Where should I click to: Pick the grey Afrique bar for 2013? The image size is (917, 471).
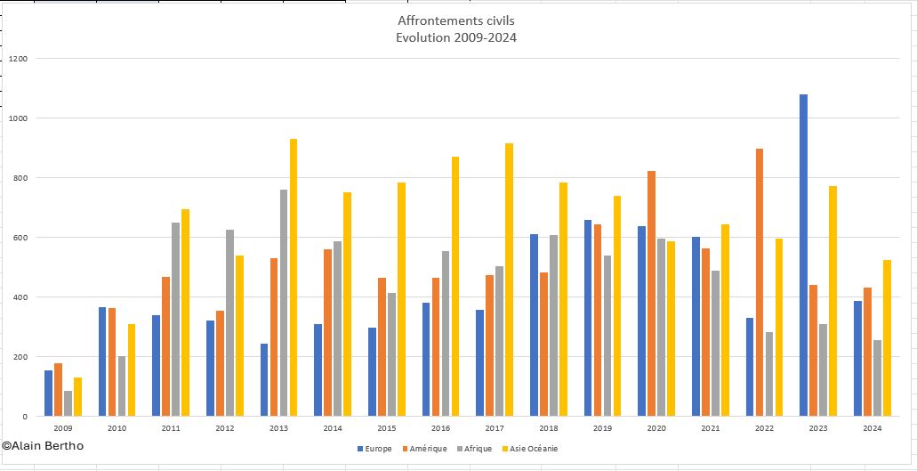point(283,303)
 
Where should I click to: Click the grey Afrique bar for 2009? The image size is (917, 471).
point(68,403)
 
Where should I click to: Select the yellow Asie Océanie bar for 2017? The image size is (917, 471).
point(509,280)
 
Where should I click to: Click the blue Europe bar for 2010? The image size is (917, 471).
point(102,361)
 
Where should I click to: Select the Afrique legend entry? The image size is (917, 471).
point(476,449)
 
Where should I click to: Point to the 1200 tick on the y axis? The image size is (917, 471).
point(19,59)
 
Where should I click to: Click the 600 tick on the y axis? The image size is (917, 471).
point(21,238)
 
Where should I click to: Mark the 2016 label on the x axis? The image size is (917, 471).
point(440,428)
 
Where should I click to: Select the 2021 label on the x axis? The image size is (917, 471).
point(710,428)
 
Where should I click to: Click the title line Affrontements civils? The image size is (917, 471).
point(456,20)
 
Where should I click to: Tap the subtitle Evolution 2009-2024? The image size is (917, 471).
point(456,37)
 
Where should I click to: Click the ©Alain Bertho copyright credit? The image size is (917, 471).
point(43,445)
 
